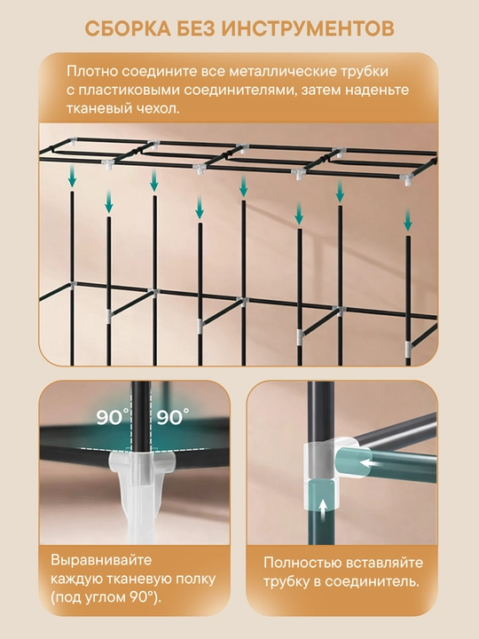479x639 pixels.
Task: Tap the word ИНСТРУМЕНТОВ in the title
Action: [310, 29]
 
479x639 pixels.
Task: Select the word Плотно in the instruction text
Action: [92, 71]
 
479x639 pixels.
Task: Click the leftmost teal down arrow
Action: [72, 177]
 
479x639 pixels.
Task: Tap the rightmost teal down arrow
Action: [408, 219]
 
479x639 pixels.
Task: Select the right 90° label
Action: [173, 417]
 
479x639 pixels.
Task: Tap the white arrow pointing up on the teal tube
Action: [323, 509]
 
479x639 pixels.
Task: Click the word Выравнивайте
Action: [101, 560]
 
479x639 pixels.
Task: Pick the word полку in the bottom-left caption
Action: [193, 579]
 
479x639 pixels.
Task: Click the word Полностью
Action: [302, 563]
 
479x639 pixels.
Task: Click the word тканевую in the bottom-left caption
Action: [137, 579]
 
